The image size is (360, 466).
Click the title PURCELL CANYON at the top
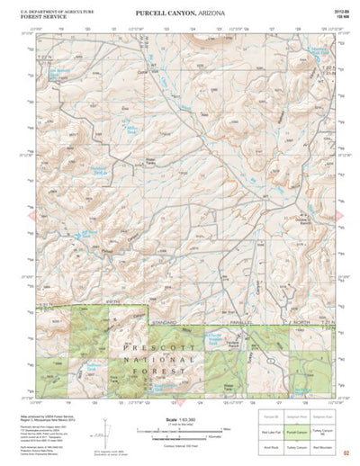pyautogui.click(x=180, y=14)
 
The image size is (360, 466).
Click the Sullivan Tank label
pyautogui.click(x=91, y=366)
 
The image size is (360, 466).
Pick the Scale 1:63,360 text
pyautogui.click(x=172, y=419)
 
